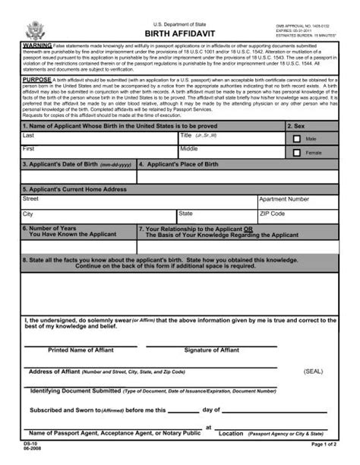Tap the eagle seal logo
tap(36, 31)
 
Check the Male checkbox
tap(298, 139)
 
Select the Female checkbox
tap(298, 153)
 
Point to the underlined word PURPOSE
tap(37, 78)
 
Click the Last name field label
tap(29, 134)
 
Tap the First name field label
tap(29, 149)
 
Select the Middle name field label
tap(190, 149)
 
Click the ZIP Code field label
tap(273, 214)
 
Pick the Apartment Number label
tap(284, 198)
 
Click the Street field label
tap(31, 198)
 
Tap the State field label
tap(186, 214)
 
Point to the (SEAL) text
tap(314, 372)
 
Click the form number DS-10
tap(29, 443)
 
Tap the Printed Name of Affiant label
tap(80, 350)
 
